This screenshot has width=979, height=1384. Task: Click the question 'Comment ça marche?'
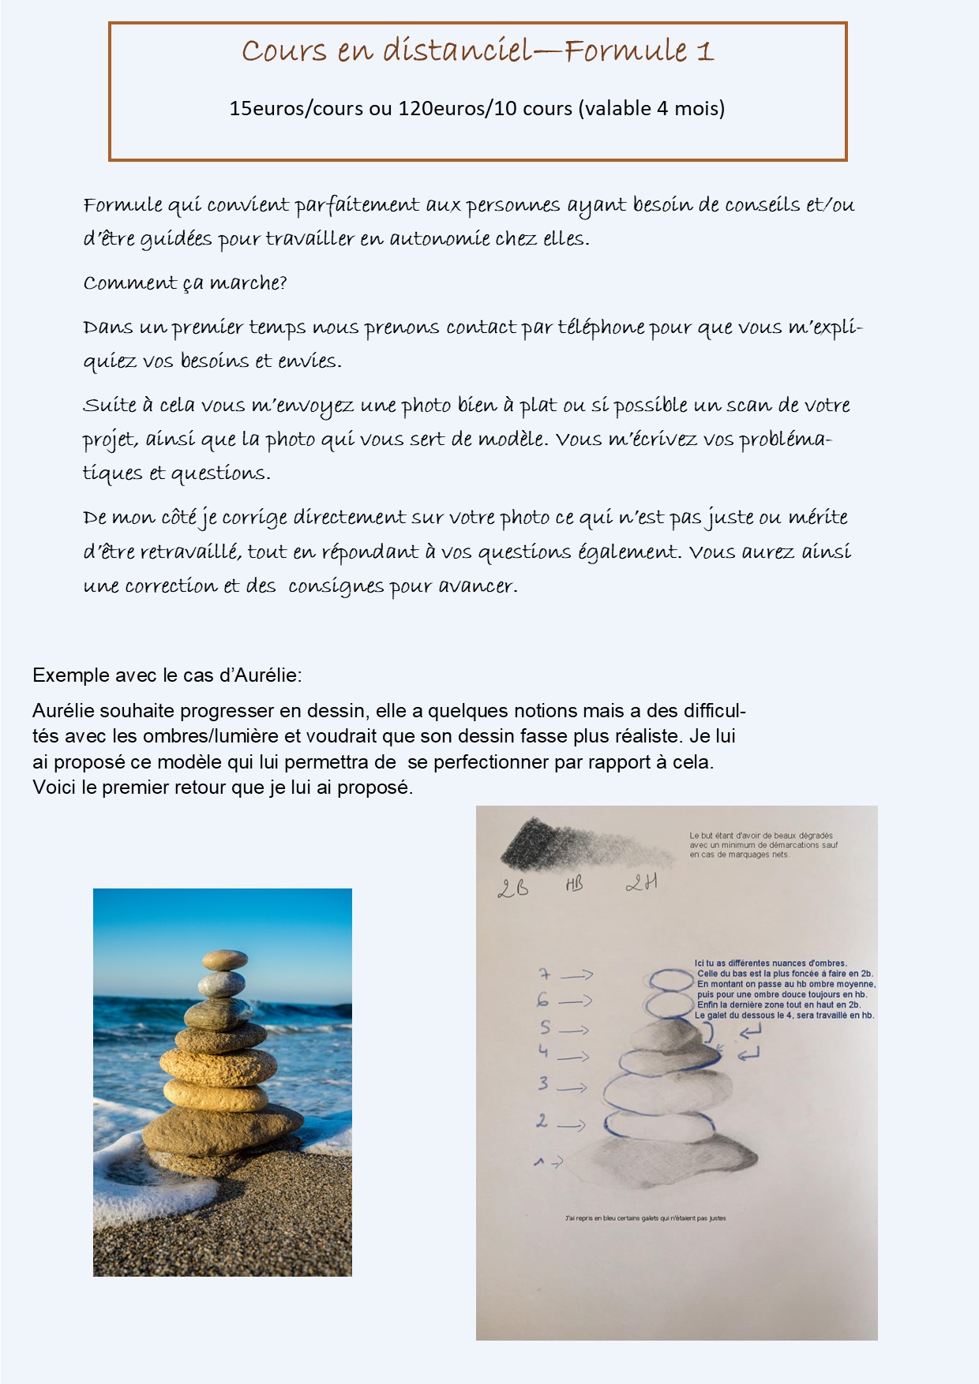(x=185, y=283)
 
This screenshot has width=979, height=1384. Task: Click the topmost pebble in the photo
(x=224, y=959)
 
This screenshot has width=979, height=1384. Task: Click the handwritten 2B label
(x=512, y=888)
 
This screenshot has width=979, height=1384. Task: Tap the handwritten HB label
(x=574, y=885)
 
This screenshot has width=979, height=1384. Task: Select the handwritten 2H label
(x=641, y=883)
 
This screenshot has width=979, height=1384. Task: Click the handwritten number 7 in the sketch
(x=544, y=975)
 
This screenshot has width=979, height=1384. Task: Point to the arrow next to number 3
(x=572, y=1088)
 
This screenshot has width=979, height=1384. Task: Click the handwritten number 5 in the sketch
(x=545, y=1028)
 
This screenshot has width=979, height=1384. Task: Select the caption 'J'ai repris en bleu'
(x=645, y=1218)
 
